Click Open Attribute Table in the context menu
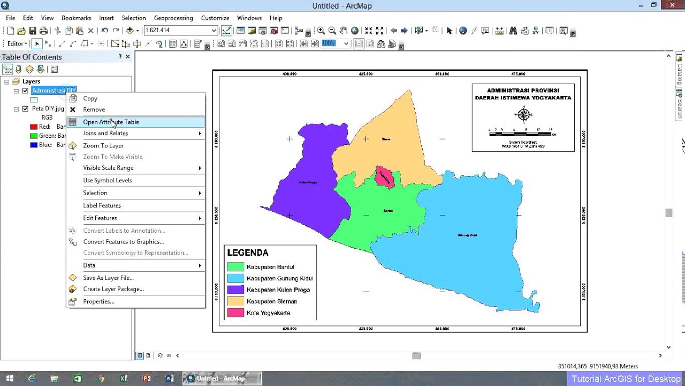pos(111,122)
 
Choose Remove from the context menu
pos(94,110)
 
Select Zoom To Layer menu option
pos(103,146)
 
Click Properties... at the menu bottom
pos(98,302)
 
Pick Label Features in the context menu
pos(102,206)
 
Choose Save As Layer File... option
pos(108,278)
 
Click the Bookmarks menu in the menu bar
pos(76,18)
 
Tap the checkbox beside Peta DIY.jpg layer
pos(25,109)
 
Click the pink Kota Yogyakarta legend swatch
pos(235,313)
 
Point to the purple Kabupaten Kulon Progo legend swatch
pos(235,290)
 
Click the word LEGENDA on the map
pos(248,253)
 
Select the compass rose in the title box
pos(523,114)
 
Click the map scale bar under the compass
pos(522,132)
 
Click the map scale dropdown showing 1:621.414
pos(180,31)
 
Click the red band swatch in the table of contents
pos(34,127)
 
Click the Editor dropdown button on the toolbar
pos(17,44)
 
